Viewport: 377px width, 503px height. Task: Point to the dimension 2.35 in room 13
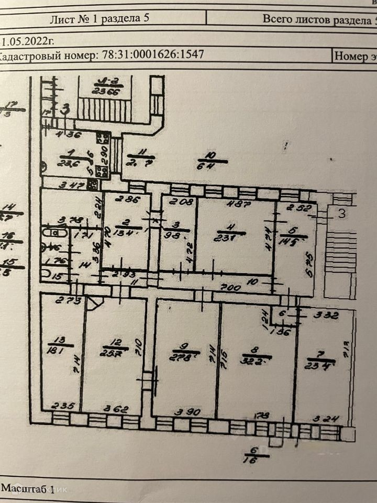[x=62, y=405]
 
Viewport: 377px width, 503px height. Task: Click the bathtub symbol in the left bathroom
[x=54, y=232]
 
